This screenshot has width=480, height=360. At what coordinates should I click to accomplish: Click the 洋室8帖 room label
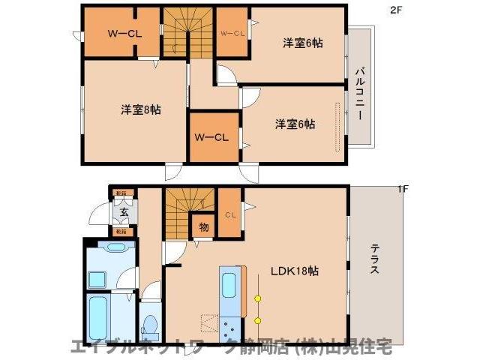coord(140,109)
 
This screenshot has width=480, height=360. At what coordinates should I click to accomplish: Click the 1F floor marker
coord(402,189)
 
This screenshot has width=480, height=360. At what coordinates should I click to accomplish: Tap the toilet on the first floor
coord(149,325)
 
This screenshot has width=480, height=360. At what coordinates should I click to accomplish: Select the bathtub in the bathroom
coord(98,318)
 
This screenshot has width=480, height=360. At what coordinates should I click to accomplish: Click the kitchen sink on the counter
coord(229,285)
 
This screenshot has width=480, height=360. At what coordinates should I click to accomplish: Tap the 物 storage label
coord(203,226)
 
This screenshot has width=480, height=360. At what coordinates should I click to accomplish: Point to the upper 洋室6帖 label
coord(302,43)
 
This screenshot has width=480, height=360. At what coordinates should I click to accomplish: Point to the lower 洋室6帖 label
coord(294,124)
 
